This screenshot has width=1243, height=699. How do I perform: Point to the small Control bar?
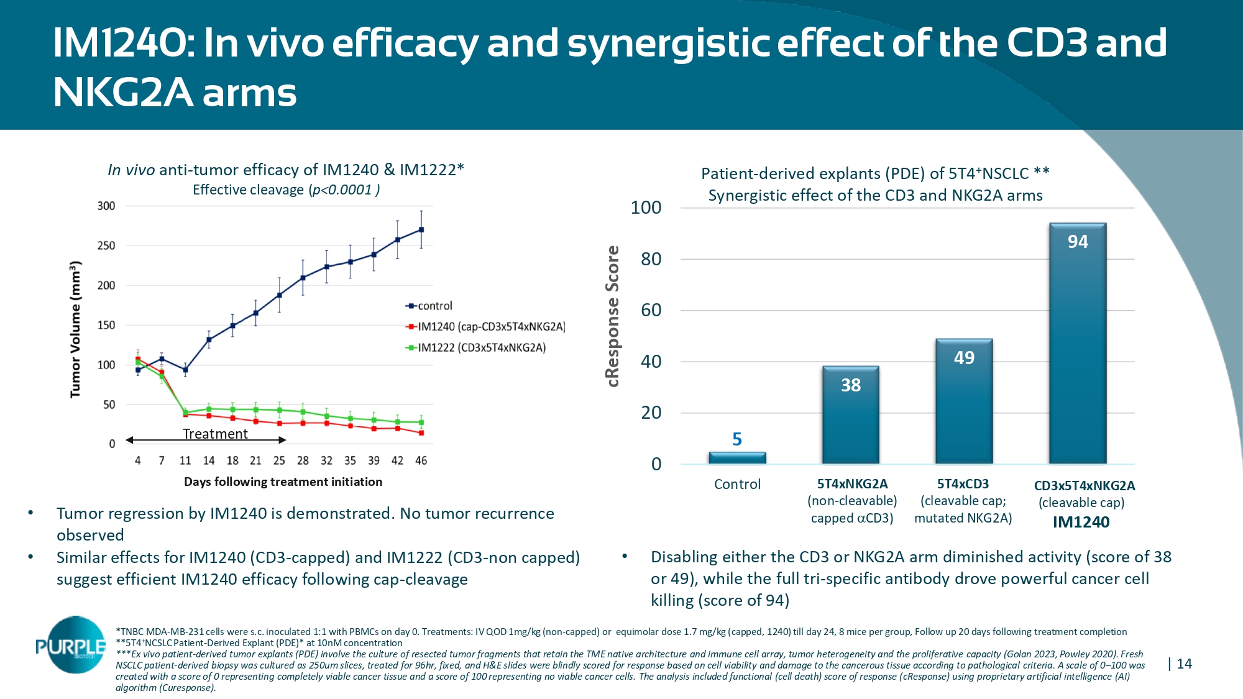click(737, 458)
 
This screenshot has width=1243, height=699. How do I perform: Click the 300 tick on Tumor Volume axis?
click(106, 206)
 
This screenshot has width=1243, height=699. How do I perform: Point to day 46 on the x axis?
click(421, 460)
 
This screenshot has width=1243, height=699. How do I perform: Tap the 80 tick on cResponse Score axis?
click(651, 259)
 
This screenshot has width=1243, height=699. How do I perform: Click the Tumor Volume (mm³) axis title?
click(76, 329)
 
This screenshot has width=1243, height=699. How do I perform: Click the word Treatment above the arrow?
click(215, 434)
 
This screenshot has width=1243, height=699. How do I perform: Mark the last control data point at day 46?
click(421, 229)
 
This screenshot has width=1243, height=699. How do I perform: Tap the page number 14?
click(1184, 664)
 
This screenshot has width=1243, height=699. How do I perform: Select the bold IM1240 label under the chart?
click(1081, 522)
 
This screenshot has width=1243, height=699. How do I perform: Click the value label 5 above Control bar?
click(737, 439)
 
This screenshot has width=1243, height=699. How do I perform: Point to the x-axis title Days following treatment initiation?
click(283, 482)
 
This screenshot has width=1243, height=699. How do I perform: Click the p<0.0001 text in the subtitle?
click(342, 190)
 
